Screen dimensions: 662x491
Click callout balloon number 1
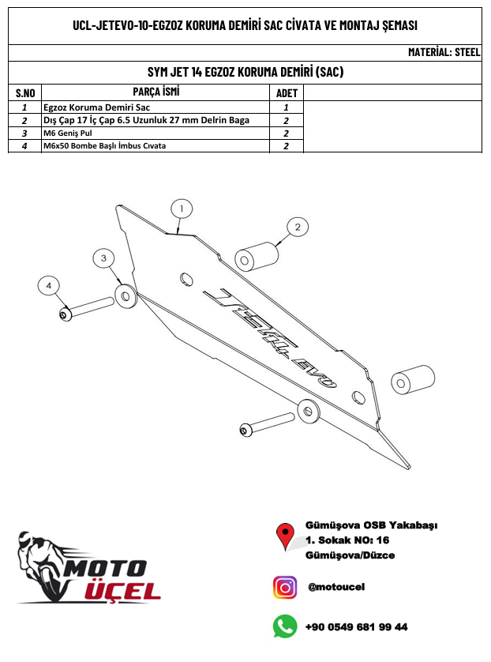[x=181, y=209]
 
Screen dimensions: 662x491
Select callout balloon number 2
[x=297, y=228]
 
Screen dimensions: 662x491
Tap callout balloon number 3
[x=103, y=258]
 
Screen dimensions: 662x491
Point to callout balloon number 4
[x=49, y=284]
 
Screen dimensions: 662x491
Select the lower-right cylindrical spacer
[x=414, y=382]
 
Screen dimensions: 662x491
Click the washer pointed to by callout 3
[x=126, y=295]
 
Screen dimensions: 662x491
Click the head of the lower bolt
[x=246, y=430]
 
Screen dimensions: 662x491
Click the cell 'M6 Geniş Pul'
[x=69, y=134]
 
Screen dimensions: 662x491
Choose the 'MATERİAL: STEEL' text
[x=444, y=53]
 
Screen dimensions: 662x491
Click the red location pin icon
[x=285, y=536]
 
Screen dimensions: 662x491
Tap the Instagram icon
[x=285, y=587]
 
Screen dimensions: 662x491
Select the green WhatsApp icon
[x=285, y=626]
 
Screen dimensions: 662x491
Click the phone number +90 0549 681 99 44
[x=356, y=627]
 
